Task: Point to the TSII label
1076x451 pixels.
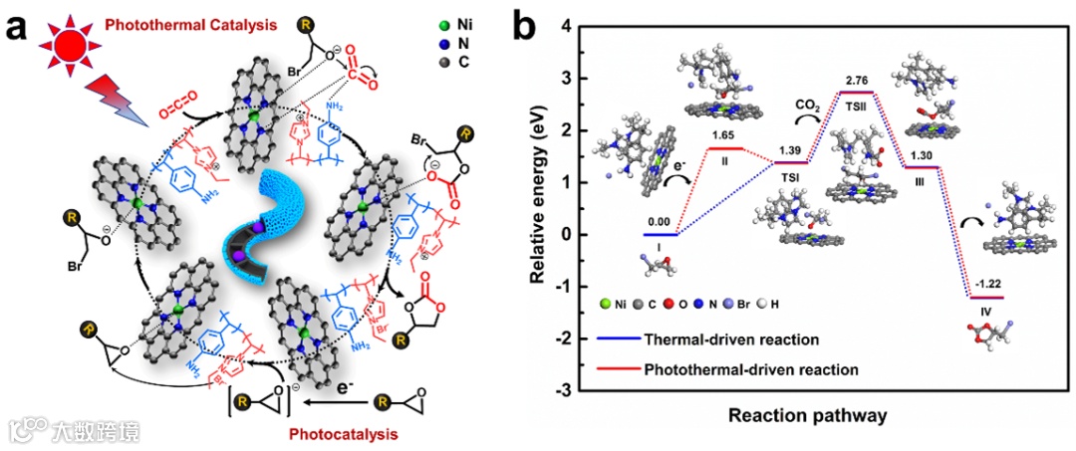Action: [x=858, y=104]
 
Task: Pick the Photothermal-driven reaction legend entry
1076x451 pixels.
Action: [x=752, y=369]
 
